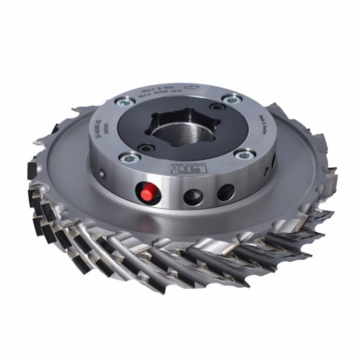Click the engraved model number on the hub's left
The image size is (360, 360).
[106, 128]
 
